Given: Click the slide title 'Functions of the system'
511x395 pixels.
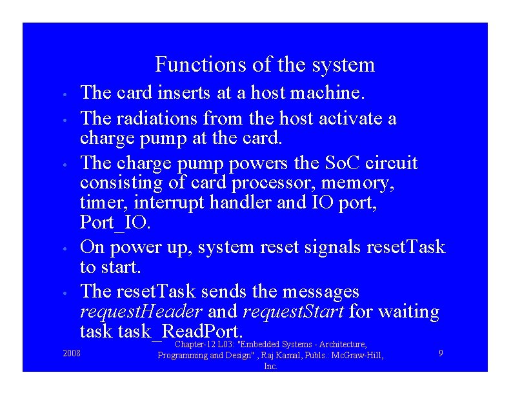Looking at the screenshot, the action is point(265,65).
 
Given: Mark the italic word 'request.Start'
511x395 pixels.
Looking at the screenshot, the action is point(293,312).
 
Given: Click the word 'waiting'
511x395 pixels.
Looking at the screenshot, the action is point(409,312).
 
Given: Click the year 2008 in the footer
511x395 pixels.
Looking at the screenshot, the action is point(72,352).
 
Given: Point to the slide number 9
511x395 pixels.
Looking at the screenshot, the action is point(440,352).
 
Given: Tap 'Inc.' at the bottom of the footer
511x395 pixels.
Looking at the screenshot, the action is point(271,366).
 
